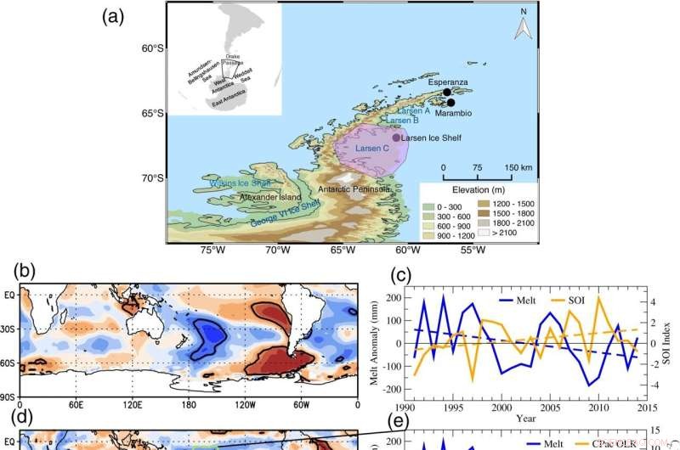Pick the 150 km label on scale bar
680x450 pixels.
pos(517,167)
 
